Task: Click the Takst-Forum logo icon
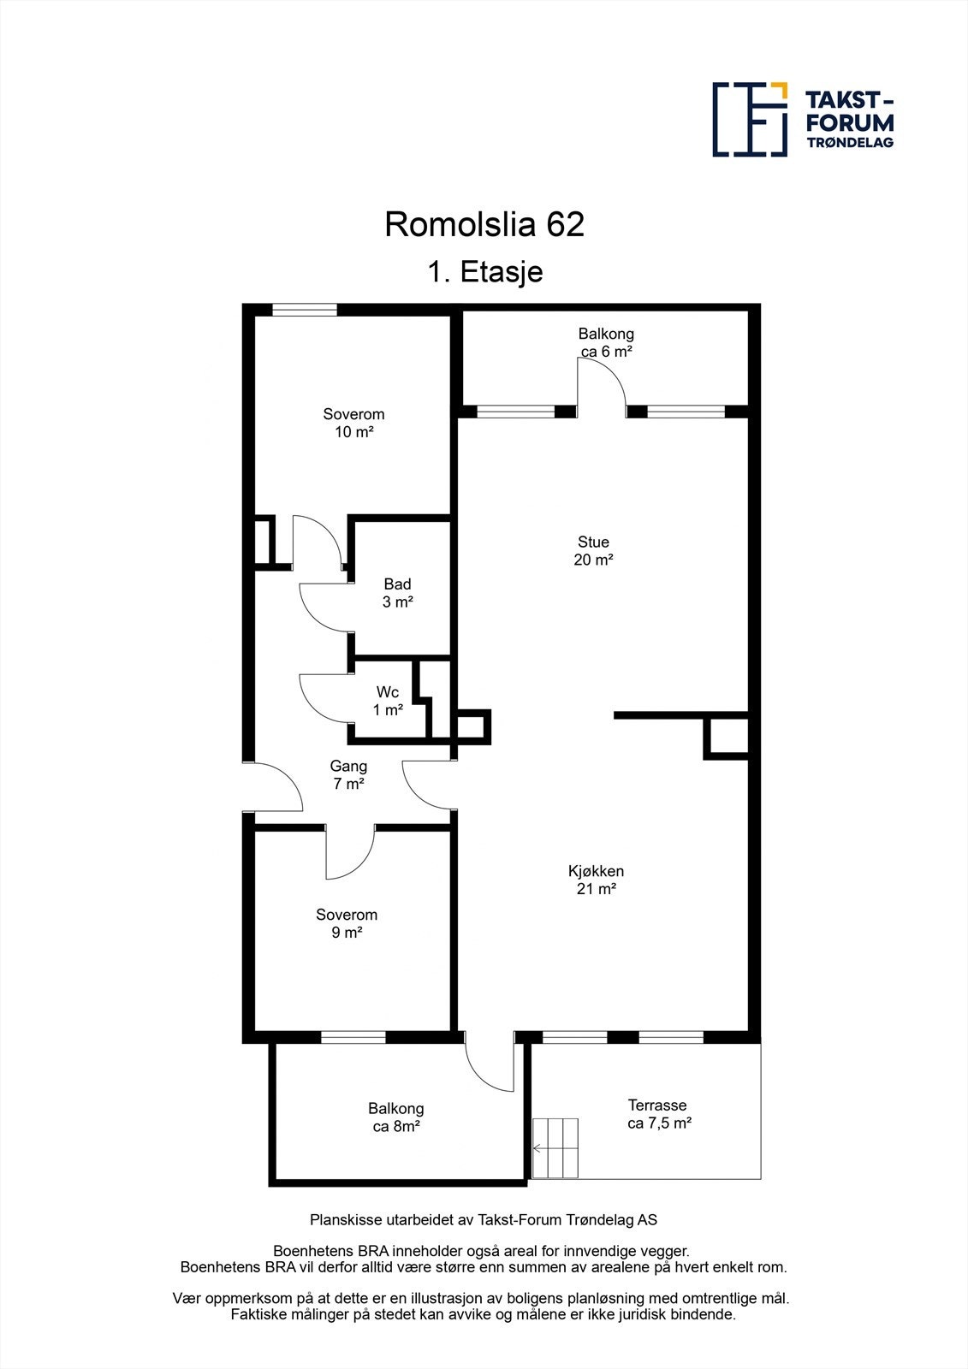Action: pos(750,119)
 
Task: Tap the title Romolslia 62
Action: pos(484,224)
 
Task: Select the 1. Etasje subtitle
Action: pos(485,271)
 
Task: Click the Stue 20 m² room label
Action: pos(593,551)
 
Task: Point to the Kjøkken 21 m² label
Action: pos(596,880)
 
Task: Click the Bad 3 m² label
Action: pos(397,593)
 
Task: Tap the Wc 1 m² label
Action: pos(388,701)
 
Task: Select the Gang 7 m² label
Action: pos(348,774)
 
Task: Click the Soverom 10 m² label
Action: pos(353,423)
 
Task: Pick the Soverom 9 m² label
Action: pos(347,923)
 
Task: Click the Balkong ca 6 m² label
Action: pos(606,342)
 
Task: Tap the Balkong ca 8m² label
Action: pos(395,1117)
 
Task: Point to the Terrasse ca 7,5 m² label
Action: pos(659,1114)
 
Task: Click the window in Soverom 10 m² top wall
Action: pos(304,310)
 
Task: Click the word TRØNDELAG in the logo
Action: pos(850,142)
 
